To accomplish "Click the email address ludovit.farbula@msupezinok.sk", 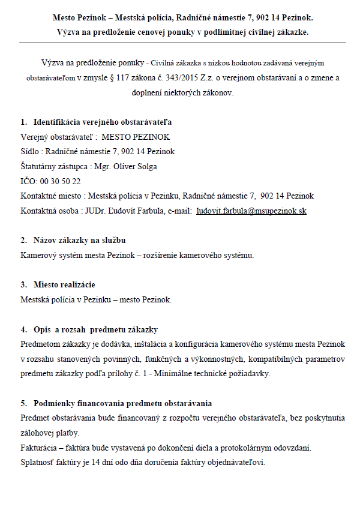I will (251, 212).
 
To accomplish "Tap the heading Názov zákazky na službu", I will (80, 240).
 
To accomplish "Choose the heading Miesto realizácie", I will (64, 284).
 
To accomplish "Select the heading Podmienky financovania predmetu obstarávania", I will (122, 403).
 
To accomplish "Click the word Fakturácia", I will (42, 448).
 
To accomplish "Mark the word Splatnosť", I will (38, 463).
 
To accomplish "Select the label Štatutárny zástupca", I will (55, 166).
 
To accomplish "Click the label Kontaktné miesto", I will (50, 196).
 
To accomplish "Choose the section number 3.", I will (23, 284).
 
